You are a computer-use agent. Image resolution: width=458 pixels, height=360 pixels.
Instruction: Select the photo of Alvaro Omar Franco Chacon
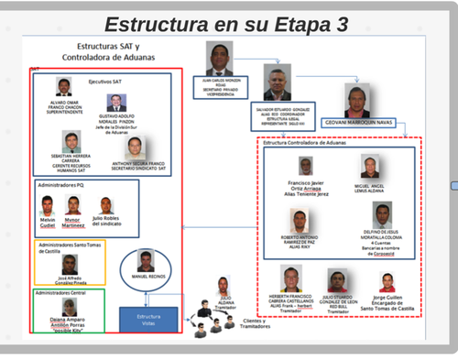coord(63,87)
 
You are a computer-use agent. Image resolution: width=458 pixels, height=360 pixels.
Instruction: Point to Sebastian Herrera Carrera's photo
coord(71,141)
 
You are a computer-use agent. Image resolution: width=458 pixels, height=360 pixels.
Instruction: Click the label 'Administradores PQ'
coord(62,185)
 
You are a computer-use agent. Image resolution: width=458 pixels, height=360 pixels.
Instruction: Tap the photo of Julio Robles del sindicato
coord(106,206)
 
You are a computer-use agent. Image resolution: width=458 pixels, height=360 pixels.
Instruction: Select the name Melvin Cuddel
coord(48,223)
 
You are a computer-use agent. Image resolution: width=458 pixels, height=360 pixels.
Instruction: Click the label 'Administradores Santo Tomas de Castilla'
coord(70,248)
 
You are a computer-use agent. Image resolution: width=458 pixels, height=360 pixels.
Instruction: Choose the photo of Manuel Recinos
coord(146,260)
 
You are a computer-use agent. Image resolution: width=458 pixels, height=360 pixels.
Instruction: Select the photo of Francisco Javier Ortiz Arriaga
coord(306,166)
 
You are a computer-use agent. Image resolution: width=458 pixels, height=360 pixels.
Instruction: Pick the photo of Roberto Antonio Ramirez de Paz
coord(299,220)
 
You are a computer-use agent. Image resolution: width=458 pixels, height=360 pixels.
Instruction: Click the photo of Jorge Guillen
coord(387,282)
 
